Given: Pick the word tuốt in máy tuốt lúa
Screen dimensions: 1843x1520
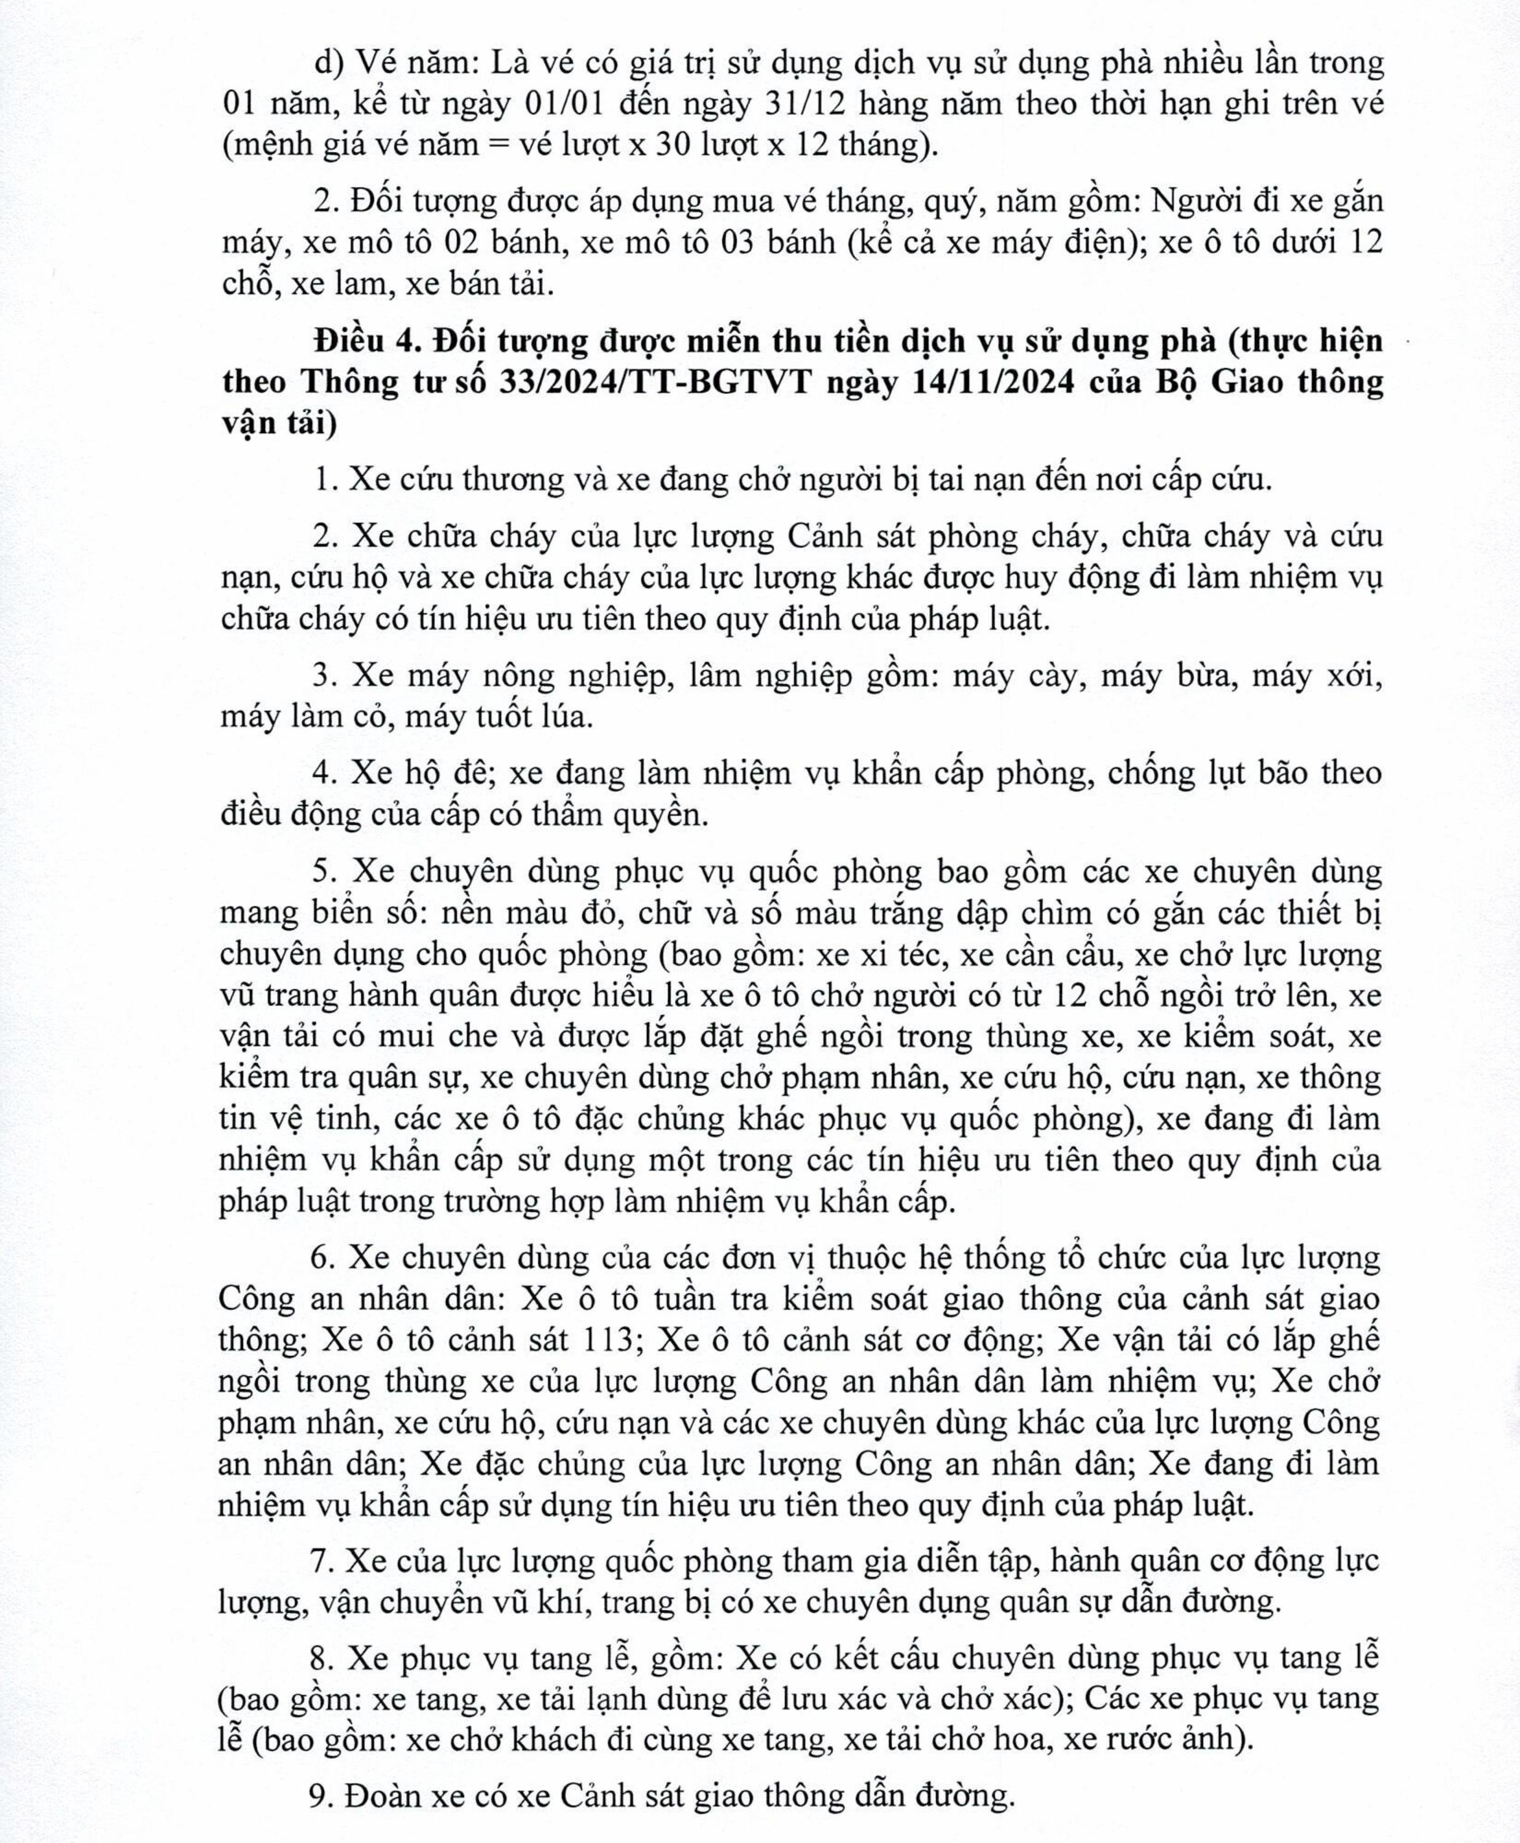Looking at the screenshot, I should [473, 718].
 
